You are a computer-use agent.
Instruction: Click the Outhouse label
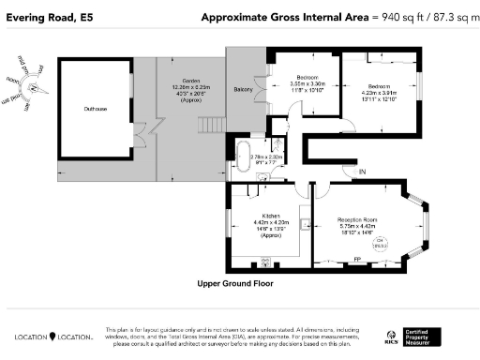(x=95, y=110)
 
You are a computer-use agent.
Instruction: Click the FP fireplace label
(x=356, y=260)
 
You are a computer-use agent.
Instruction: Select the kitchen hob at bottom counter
(x=264, y=262)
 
